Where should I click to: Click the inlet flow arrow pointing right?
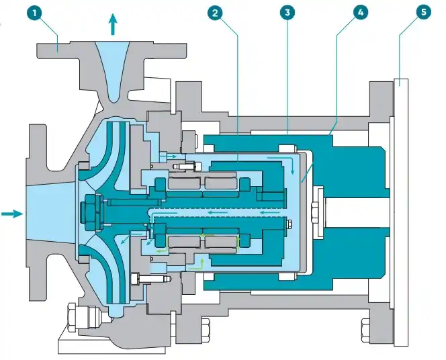pos(11,214)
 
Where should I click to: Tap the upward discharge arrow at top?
pos(112,25)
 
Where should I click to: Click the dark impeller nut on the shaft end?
pos(89,213)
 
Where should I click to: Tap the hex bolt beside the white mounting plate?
pos(369,330)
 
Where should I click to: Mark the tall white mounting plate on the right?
pos(402,212)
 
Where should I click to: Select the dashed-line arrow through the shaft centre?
pos(215,212)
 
